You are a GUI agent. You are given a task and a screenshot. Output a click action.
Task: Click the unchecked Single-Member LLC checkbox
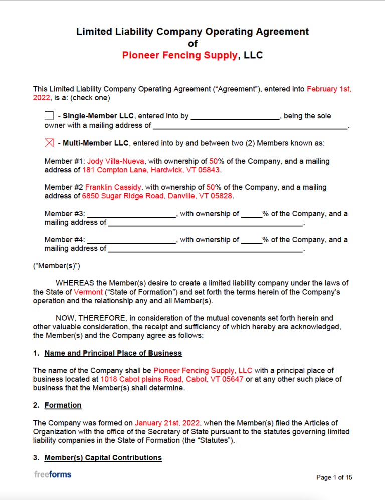(x=49, y=116)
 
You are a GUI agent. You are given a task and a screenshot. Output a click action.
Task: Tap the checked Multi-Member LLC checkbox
(x=49, y=143)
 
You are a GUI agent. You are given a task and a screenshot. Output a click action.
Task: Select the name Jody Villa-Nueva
(x=116, y=161)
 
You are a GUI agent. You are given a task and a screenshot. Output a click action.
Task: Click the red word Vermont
(x=88, y=292)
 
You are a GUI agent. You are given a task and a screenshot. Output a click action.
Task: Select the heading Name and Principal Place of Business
(x=113, y=353)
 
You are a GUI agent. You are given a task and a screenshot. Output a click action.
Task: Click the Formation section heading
(x=63, y=405)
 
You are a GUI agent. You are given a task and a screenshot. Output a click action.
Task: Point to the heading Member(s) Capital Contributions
(x=103, y=458)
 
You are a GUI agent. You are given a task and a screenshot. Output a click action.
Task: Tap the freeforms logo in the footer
(x=53, y=474)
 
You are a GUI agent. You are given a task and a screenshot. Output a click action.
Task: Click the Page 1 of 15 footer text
(x=334, y=478)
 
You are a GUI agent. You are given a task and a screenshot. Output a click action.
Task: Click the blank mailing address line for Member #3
(x=206, y=223)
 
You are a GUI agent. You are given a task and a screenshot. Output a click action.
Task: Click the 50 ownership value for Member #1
(x=213, y=161)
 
